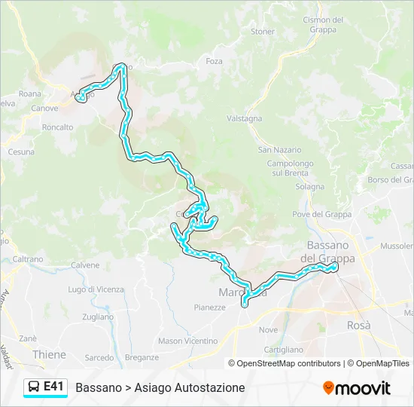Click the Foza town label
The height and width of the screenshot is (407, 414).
(214, 61)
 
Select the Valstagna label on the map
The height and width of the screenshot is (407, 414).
(245, 119)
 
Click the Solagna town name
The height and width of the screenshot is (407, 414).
(310, 186)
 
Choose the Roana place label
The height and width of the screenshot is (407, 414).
(30, 94)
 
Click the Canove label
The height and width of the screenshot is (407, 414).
(44, 109)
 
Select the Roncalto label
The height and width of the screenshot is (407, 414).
(58, 127)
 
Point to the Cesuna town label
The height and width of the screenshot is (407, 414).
(21, 151)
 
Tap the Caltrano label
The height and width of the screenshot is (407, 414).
(28, 259)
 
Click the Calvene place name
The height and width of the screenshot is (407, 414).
(85, 265)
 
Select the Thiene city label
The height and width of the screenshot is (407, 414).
(49, 353)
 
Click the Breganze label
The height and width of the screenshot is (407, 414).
(142, 357)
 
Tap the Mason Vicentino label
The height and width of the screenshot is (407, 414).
(187, 341)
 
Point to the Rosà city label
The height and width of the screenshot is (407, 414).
(359, 326)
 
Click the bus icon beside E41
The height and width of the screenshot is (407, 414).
(34, 387)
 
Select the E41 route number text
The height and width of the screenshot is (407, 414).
(53, 387)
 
